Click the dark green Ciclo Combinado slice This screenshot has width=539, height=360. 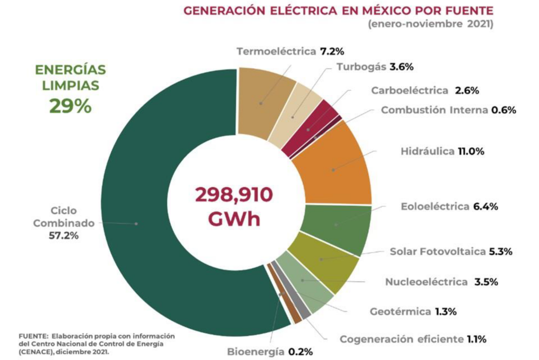point(138,221)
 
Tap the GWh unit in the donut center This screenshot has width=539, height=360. point(234,219)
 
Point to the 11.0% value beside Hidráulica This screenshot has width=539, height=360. point(471,151)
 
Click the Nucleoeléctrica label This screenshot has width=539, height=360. point(426,282)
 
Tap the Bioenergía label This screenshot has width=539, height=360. point(256,352)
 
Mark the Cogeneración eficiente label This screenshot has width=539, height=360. point(401,339)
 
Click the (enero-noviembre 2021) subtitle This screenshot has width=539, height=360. point(430,24)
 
